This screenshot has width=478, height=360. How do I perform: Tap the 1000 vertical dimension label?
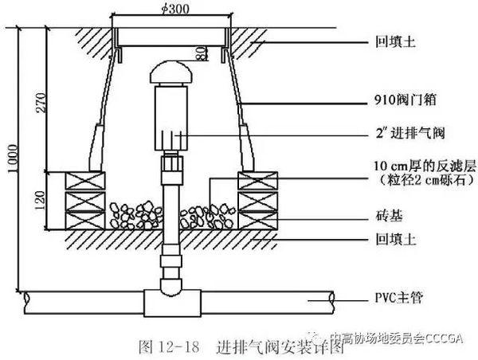click(8, 151)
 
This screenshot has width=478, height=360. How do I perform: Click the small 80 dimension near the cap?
click(202, 55)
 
